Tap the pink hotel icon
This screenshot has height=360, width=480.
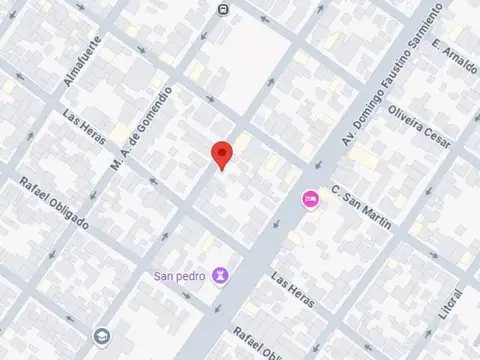point(310,200)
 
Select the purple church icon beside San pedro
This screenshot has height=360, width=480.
point(221,275)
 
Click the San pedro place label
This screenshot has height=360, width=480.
point(180,275)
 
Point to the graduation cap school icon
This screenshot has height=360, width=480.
point(101,336)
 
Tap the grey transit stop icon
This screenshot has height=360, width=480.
point(222,9)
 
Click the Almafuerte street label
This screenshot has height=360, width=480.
point(82,61)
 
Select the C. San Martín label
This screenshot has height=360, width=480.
point(361,206)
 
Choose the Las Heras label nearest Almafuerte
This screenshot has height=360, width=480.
point(83,130)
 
